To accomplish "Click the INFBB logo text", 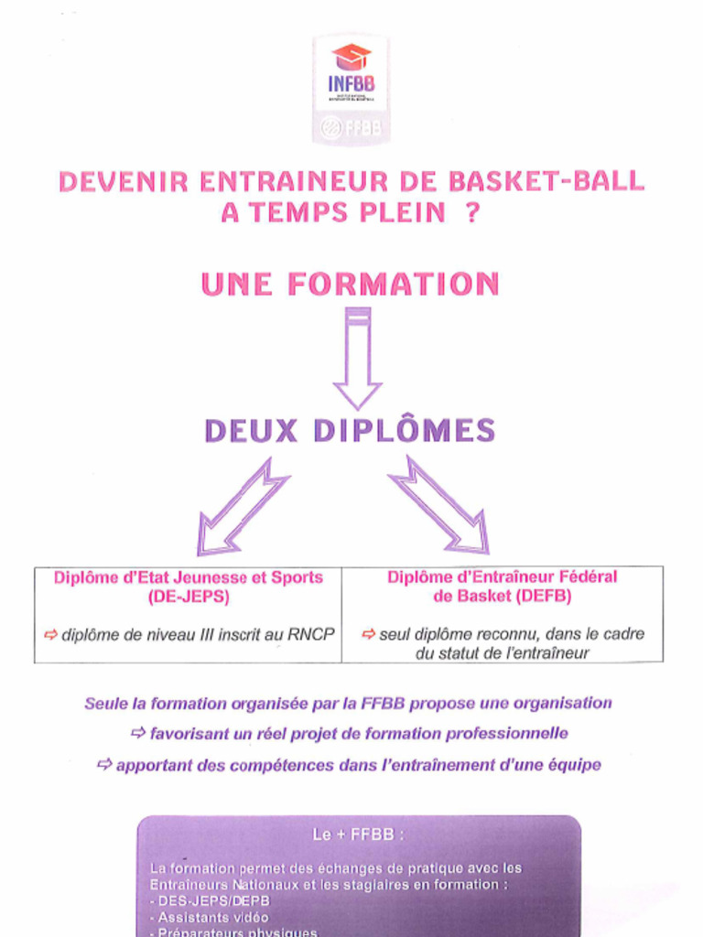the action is point(351,83).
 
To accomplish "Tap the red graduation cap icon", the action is point(351,58).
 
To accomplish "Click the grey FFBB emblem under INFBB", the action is point(351,128).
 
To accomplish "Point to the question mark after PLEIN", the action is point(472,212).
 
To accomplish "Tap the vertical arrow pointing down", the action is point(357,358).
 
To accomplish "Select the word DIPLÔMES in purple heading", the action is point(405,430).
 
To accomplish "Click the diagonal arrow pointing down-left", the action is point(242,507).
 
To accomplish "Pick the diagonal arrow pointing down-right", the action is point(440,505).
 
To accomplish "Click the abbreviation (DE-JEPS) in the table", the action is point(189,598).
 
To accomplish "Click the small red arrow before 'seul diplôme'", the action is point(368,634).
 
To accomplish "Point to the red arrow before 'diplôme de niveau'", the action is point(50,634).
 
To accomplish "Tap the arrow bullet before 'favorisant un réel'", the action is point(138,733).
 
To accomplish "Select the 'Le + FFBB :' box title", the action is point(358,835).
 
